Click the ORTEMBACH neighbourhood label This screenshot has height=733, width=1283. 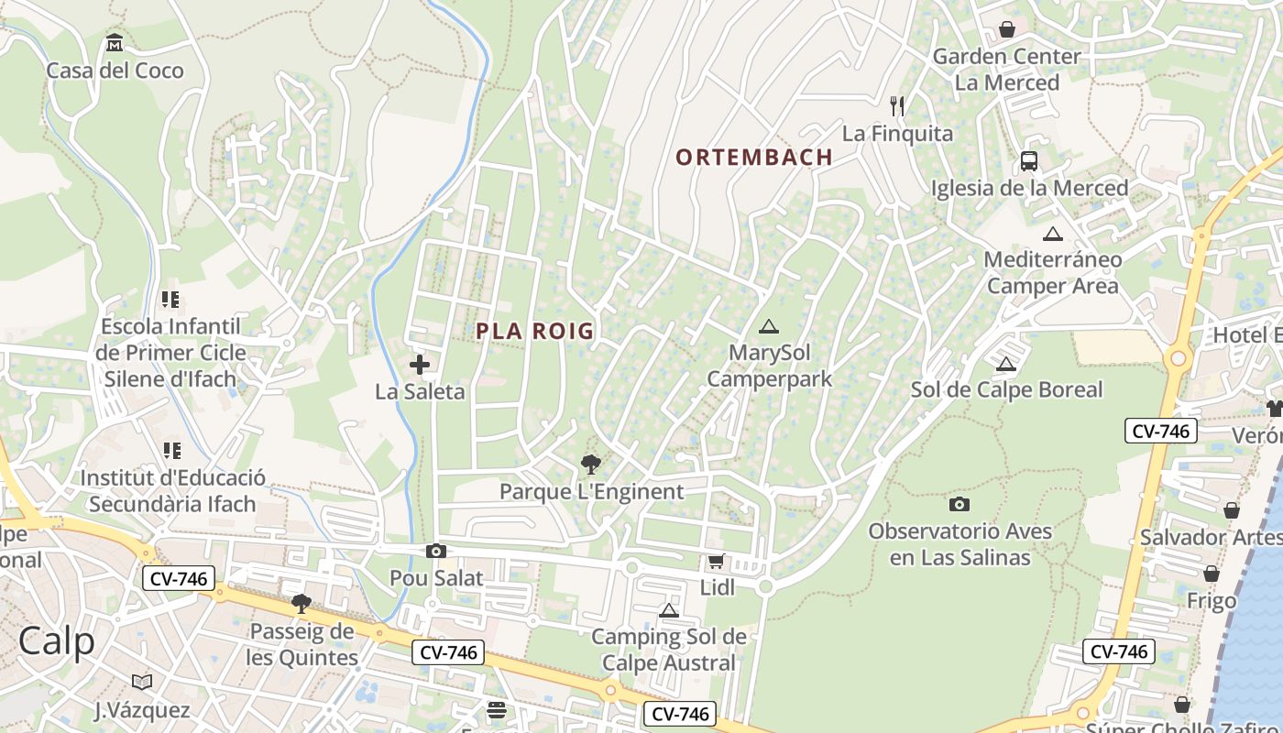click(x=754, y=158)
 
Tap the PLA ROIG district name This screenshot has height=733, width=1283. click(x=535, y=332)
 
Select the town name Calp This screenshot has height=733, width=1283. click(x=57, y=641)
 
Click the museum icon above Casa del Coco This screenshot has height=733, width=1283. click(x=115, y=43)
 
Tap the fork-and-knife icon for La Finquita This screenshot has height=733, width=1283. click(x=897, y=106)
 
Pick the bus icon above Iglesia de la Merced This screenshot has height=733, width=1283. click(x=1029, y=161)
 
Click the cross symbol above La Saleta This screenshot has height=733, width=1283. click(x=420, y=365)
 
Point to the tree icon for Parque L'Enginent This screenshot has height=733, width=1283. click(x=591, y=465)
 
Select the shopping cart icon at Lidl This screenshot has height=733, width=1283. click(x=716, y=561)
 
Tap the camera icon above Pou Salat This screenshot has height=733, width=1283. click(x=436, y=551)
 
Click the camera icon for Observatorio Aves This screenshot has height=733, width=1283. click(x=960, y=504)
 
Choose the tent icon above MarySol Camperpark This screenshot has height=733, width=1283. click(x=769, y=326)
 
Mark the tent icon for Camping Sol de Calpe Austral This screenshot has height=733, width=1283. click(x=669, y=610)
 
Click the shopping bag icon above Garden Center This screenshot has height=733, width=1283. click(x=1007, y=29)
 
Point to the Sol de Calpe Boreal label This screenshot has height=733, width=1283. click(x=1006, y=389)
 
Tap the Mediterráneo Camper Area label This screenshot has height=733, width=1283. click(x=1053, y=272)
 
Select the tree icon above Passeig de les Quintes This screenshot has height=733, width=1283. click(x=301, y=603)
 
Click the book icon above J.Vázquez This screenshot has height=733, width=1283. click(x=142, y=682)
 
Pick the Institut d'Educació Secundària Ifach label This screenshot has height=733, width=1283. click(x=172, y=490)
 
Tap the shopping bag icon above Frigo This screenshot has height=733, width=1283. click(x=1212, y=574)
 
